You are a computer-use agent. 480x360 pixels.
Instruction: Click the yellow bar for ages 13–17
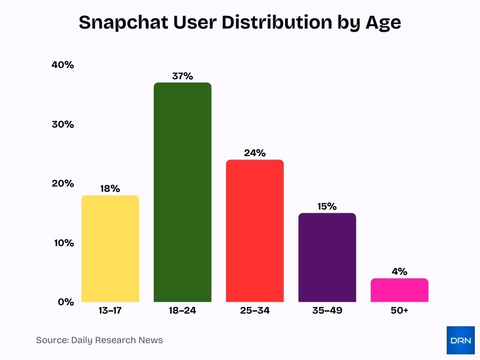point(110,248)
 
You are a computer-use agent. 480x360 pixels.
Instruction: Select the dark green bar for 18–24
point(182,192)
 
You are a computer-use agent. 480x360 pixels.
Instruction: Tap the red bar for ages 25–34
point(255,231)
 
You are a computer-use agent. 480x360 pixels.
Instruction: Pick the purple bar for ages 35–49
point(327,257)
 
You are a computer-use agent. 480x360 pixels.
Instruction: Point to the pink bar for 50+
point(399,290)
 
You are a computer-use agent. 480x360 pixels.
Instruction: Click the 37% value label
point(182,76)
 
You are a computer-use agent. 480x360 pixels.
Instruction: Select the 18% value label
point(110,189)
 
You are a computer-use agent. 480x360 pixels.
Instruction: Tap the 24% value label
point(255,153)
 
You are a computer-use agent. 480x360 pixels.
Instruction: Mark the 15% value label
point(327,206)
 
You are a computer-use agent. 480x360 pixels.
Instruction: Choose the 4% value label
point(399,272)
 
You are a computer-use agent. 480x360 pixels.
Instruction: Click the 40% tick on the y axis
point(63,65)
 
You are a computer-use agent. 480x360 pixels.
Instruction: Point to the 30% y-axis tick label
point(63,125)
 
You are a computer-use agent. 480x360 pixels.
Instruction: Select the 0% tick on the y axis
point(66,302)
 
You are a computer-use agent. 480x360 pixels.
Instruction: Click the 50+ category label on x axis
point(399,311)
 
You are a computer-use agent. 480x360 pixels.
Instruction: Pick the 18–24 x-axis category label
point(182,311)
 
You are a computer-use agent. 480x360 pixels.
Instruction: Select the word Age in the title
point(383,22)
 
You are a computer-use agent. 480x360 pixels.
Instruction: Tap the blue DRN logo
point(460,340)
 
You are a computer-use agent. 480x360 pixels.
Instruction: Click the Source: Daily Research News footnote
point(99,340)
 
